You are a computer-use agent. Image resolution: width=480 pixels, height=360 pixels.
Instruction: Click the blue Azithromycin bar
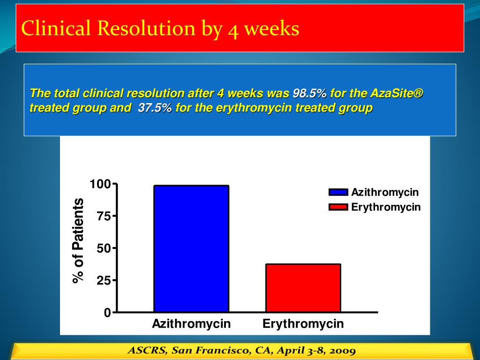(x=191, y=248)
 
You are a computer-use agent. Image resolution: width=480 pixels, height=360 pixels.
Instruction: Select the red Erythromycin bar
(x=303, y=288)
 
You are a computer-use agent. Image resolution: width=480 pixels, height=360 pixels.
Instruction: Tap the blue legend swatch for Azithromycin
(x=338, y=192)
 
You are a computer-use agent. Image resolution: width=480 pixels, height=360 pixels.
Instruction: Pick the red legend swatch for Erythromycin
(x=338, y=207)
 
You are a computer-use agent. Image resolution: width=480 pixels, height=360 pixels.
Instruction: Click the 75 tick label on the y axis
(x=103, y=217)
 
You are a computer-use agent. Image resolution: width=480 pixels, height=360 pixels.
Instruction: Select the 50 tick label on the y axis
(x=103, y=248)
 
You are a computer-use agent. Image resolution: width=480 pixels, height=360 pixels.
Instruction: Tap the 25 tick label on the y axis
(x=103, y=281)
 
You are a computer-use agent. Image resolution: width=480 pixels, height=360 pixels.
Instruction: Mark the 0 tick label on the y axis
(x=107, y=313)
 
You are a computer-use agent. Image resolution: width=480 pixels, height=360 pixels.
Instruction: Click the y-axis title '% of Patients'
(x=78, y=241)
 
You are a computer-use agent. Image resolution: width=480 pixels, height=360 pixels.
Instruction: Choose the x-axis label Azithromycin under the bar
(x=191, y=324)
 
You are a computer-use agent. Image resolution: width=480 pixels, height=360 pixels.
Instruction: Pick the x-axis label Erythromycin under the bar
(x=303, y=324)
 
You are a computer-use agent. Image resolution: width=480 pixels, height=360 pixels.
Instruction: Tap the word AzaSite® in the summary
(x=397, y=93)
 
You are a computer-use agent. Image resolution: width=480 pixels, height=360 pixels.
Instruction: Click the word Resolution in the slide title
(x=146, y=29)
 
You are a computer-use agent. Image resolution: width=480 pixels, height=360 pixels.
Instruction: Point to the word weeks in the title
(x=271, y=29)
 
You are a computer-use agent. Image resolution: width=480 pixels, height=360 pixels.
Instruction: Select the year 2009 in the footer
(x=342, y=351)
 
